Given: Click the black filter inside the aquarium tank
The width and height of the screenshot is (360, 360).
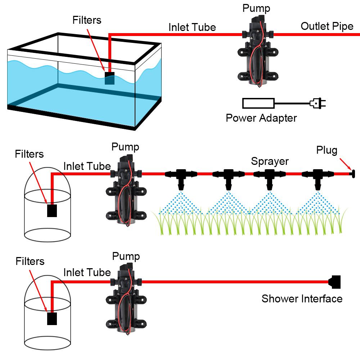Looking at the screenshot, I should (109, 78).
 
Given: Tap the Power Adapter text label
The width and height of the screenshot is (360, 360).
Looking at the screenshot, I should (261, 118).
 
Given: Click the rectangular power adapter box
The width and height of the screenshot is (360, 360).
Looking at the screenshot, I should (258, 104).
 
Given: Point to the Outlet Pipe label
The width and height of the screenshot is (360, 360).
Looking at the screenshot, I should (327, 26).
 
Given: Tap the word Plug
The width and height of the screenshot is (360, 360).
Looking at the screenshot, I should (327, 150).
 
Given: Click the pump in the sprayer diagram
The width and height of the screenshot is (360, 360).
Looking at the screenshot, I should (126, 189).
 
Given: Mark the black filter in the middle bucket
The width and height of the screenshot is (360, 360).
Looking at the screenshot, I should (52, 211).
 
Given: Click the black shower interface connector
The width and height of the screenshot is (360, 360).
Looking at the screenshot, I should (335, 282).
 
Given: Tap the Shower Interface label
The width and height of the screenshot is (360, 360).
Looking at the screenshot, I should (302, 298).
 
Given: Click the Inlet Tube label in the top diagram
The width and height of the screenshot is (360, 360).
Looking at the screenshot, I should (192, 27).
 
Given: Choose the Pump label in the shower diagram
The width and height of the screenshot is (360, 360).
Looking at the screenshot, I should (126, 256).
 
